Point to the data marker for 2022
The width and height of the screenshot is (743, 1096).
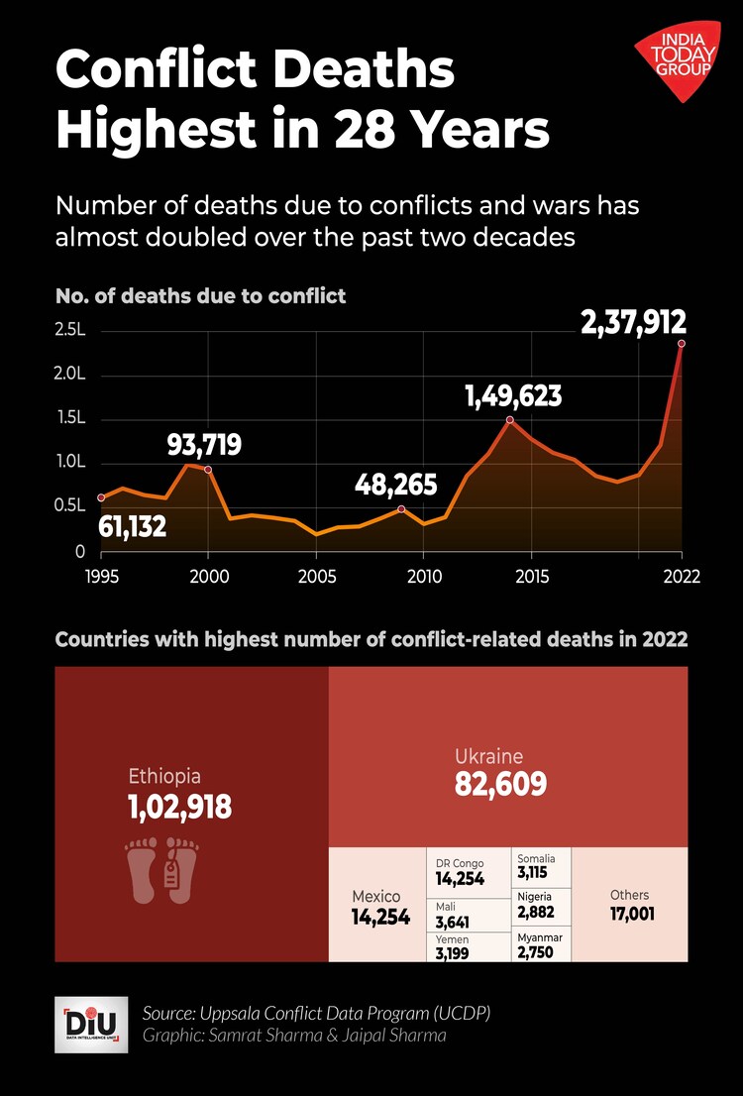pyautogui.click(x=682, y=344)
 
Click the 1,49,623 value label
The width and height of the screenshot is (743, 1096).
pyautogui.click(x=513, y=397)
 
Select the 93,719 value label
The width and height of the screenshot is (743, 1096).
pyautogui.click(x=204, y=445)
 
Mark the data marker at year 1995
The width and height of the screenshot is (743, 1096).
pyautogui.click(x=101, y=497)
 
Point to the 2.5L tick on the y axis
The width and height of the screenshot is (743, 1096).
pyautogui.click(x=72, y=331)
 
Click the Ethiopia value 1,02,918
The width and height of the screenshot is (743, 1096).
pyautogui.click(x=179, y=808)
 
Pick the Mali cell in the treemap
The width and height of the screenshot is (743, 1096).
pyautogui.click(x=469, y=914)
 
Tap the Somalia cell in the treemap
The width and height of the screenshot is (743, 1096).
pyautogui.click(x=541, y=866)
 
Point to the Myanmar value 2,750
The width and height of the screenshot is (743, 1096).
pyautogui.click(x=535, y=953)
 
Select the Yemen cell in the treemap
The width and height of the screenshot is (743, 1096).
pyautogui.click(x=469, y=947)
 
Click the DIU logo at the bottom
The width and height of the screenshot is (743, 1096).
pyautogui.click(x=90, y=1025)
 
